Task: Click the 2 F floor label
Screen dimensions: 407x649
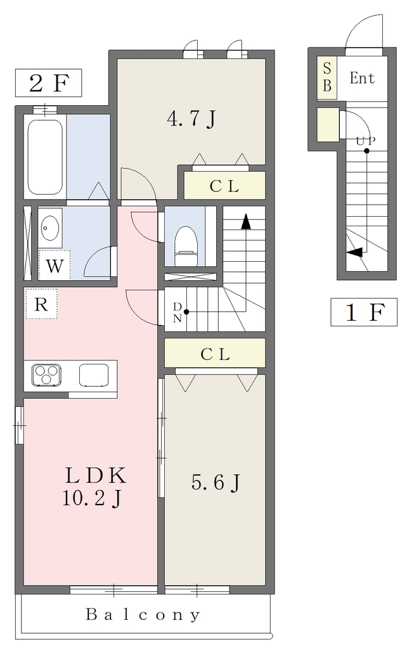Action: (x=48, y=83)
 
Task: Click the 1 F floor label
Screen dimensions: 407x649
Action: (x=364, y=312)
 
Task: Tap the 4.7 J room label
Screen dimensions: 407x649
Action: (x=191, y=119)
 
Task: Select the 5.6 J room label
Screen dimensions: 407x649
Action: (x=216, y=482)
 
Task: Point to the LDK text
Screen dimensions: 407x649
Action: (x=95, y=475)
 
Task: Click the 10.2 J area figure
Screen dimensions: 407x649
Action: (x=91, y=498)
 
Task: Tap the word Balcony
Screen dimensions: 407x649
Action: (x=143, y=615)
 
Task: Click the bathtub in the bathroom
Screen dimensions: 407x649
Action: (x=45, y=157)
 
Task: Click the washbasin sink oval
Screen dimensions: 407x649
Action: (x=49, y=228)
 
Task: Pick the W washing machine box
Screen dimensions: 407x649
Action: (x=55, y=265)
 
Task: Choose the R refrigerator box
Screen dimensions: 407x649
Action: (x=41, y=304)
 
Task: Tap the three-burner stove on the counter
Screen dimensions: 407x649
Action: (x=46, y=375)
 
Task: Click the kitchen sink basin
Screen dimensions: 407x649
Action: (x=94, y=375)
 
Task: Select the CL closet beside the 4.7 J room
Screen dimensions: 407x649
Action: (x=224, y=186)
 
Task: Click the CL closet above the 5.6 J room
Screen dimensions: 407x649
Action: (x=215, y=354)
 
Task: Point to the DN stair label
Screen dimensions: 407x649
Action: (x=178, y=312)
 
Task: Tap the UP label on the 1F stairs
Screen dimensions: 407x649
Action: (x=366, y=141)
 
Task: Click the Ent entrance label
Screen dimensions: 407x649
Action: (x=362, y=78)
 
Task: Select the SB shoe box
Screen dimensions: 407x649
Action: (x=327, y=77)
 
